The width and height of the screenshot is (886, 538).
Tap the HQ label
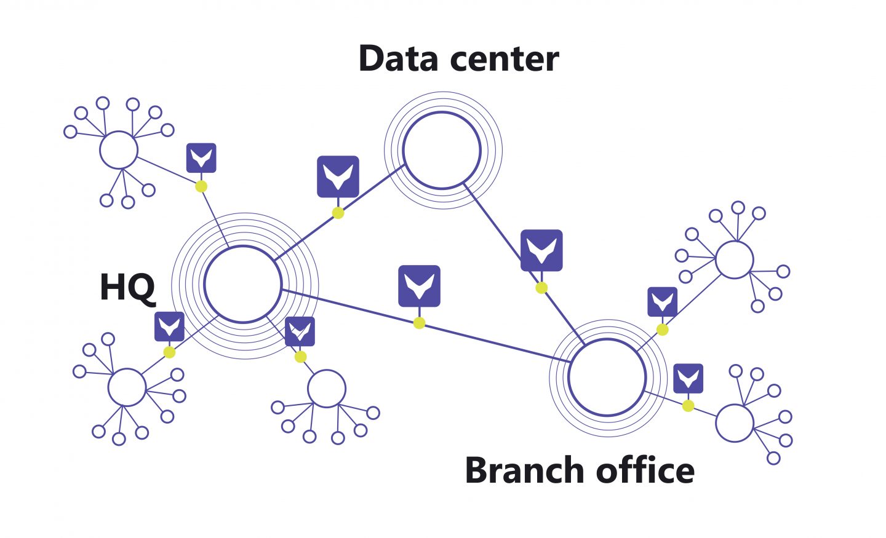tap(127, 287)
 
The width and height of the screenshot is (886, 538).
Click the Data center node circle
tap(442, 150)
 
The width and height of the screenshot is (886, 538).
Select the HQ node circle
tap(243, 284)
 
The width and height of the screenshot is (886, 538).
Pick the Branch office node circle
tap(607, 377)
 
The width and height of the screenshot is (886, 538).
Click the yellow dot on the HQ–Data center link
tap(338, 213)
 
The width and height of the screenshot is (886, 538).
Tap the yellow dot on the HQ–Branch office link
tap(419, 323)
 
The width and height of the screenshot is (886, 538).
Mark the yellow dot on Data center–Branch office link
tap(541, 288)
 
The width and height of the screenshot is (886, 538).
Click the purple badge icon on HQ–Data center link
tap(338, 176)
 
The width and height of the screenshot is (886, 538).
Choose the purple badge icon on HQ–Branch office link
tap(419, 286)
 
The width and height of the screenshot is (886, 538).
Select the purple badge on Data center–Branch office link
tap(541, 250)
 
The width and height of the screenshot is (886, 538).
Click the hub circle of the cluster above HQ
tap(119, 150)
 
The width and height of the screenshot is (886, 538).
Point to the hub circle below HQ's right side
tap(327, 389)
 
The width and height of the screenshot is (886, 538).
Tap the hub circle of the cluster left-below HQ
tap(127, 387)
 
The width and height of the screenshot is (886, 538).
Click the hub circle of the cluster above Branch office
tap(734, 259)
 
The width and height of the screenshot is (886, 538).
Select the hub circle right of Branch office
tap(735, 423)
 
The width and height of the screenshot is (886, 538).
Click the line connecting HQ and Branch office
tap(492, 342)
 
